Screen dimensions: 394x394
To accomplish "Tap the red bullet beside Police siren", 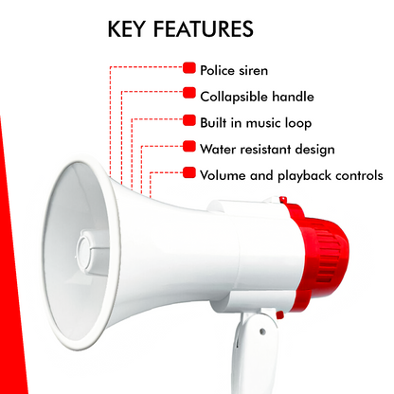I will point(189,68).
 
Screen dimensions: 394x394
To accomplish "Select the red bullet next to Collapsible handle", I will point(189,95).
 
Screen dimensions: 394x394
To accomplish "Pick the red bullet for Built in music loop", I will point(189,121).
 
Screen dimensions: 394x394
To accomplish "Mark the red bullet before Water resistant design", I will point(189,148).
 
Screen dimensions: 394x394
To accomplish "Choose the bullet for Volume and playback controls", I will point(189,174).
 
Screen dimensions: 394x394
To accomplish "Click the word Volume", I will point(224,175).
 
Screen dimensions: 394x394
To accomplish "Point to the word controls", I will point(360,175).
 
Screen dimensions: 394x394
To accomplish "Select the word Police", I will point(218,69).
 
